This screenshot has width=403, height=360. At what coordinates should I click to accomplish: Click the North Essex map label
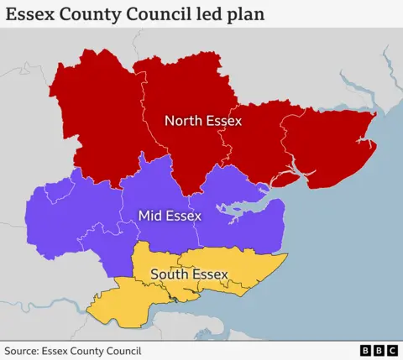coord(203,121)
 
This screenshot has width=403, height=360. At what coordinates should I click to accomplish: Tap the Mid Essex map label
coord(170,217)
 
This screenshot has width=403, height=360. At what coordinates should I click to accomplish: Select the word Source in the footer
coord(23,351)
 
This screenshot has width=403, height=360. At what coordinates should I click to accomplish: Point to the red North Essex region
coord(101,109)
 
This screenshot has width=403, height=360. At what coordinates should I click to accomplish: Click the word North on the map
coord(184,121)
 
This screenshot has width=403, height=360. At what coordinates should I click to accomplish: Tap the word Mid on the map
coord(151,217)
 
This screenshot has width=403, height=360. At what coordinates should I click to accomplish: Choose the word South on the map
coord(167,274)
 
